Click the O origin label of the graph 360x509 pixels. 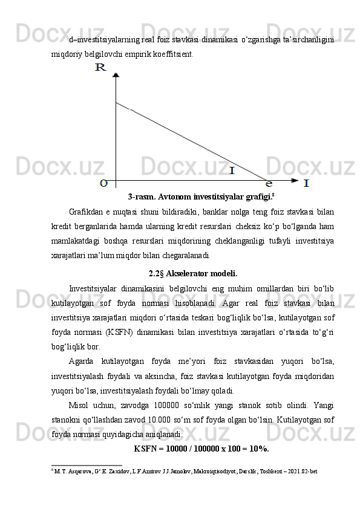(x=104, y=181)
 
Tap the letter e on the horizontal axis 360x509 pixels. (x=269, y=182)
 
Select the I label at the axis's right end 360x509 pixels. (x=307, y=182)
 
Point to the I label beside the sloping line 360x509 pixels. (x=232, y=170)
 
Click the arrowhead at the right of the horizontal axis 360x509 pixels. (x=295, y=180)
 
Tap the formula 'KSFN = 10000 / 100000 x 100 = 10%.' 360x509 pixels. (x=201, y=449)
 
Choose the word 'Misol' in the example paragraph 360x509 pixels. (x=80, y=406)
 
